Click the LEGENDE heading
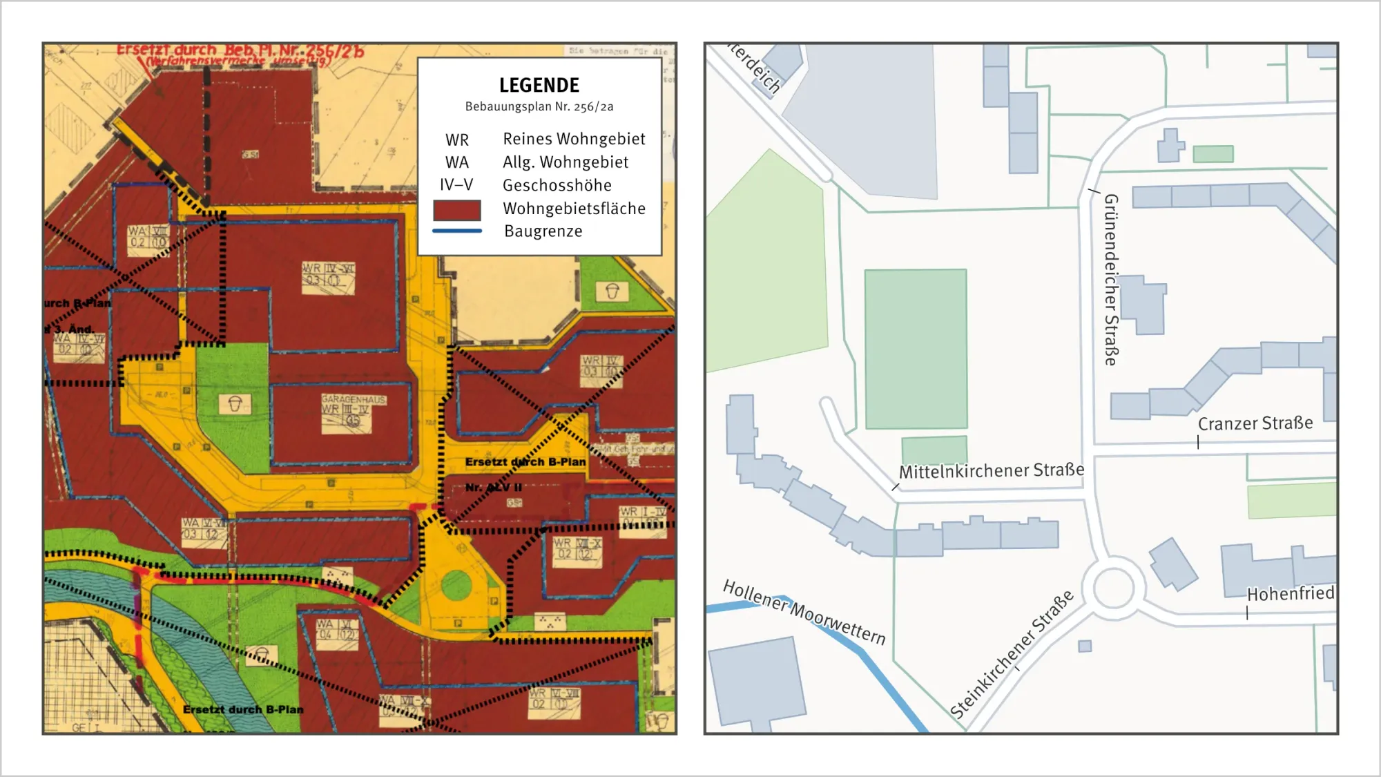click(x=539, y=86)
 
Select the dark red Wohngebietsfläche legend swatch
click(x=456, y=209)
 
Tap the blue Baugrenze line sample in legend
click(x=456, y=231)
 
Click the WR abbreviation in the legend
click(x=457, y=140)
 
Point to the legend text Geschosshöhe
click(x=557, y=185)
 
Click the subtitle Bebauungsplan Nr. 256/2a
click(x=539, y=106)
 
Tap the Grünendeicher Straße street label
click(x=1110, y=279)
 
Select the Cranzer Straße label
click(x=1255, y=423)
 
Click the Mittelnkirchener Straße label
click(x=991, y=471)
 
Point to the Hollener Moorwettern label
click(x=804, y=612)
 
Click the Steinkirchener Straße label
click(x=1012, y=654)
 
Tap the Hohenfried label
click(x=1290, y=593)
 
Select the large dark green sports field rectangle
click(x=916, y=349)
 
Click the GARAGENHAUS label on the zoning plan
click(x=354, y=399)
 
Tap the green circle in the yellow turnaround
click(x=456, y=585)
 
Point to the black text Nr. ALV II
click(x=493, y=488)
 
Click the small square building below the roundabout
click(x=1085, y=646)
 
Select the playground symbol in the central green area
click(x=234, y=404)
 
